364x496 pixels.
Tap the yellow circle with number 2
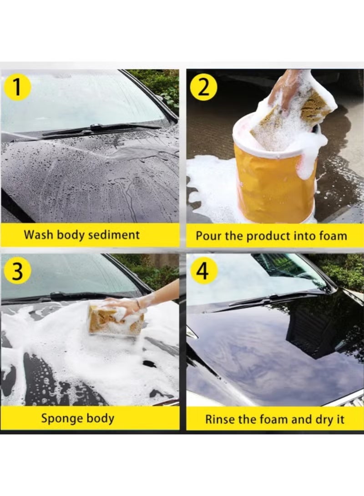[x=203, y=87]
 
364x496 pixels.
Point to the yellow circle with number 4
[x=203, y=271]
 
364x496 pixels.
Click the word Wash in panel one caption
[x=36, y=235]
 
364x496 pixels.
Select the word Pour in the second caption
[x=207, y=236]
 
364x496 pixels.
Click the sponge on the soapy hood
[x=114, y=321]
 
